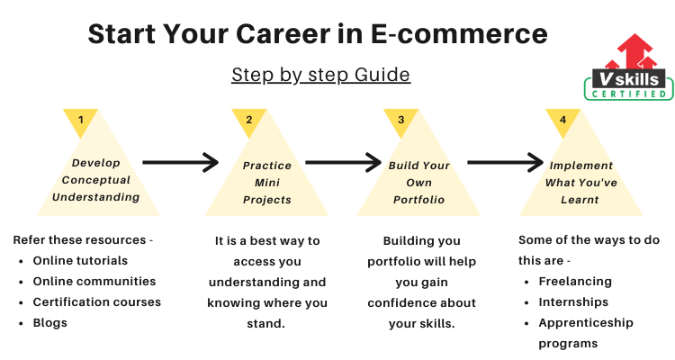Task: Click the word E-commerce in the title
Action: tap(459, 34)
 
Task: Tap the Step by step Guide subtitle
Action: tap(320, 75)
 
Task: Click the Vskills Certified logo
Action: tap(629, 67)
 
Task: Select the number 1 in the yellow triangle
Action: tap(80, 120)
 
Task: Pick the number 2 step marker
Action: tap(248, 120)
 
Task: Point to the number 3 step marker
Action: tap(400, 120)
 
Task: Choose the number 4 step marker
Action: tap(562, 120)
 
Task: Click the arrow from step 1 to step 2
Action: tap(181, 162)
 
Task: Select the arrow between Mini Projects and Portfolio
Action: tap(344, 162)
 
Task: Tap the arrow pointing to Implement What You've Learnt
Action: tap(506, 162)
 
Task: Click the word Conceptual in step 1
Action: tap(96, 180)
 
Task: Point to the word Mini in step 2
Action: tap(267, 183)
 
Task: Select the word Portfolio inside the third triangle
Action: tap(418, 200)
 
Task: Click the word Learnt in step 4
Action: tap(580, 200)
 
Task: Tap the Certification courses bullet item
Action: tap(97, 301)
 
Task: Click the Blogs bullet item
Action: tap(49, 323)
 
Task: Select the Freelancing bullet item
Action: tap(575, 282)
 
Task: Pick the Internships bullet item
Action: tap(573, 302)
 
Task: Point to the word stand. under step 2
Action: tap(266, 323)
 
